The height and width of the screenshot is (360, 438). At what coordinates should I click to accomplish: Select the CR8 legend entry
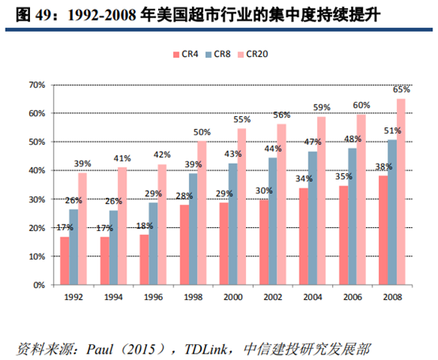(x=221, y=54)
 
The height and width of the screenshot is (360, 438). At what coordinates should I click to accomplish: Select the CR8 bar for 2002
(x=272, y=222)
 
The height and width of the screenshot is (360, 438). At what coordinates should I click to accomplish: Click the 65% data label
(x=402, y=90)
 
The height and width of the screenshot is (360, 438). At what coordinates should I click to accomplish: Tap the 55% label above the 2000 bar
(x=242, y=119)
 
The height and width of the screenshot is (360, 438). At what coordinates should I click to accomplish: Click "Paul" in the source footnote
(x=98, y=347)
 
